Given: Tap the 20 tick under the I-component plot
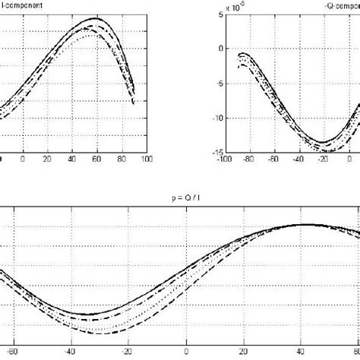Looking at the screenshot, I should (47, 159).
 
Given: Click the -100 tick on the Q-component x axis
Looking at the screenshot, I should (216, 160).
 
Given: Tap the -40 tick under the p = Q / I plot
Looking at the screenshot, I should (70, 352).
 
